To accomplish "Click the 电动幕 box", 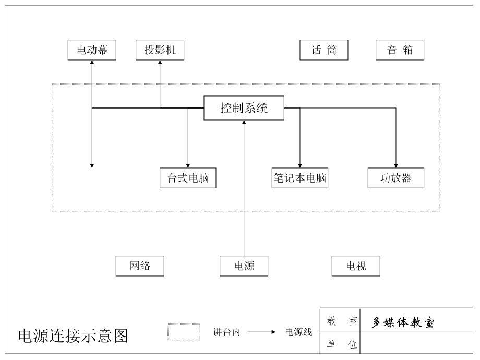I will [92, 50].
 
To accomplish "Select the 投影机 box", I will [160, 50].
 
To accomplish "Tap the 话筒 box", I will [323, 50].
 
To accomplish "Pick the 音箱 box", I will [400, 50].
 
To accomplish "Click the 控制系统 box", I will [244, 108].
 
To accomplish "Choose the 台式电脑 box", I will [188, 178].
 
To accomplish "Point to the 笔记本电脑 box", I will [300, 178].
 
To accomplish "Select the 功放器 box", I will [396, 178].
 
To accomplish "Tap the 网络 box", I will [140, 266].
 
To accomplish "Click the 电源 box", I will [244, 266].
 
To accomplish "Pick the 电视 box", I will [356, 266].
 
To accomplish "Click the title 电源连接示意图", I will [73, 335].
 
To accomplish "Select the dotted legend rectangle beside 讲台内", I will [184, 332].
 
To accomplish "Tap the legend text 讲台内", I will [226, 332].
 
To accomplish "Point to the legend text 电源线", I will [298, 332].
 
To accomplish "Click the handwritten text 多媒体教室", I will [403, 322].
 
